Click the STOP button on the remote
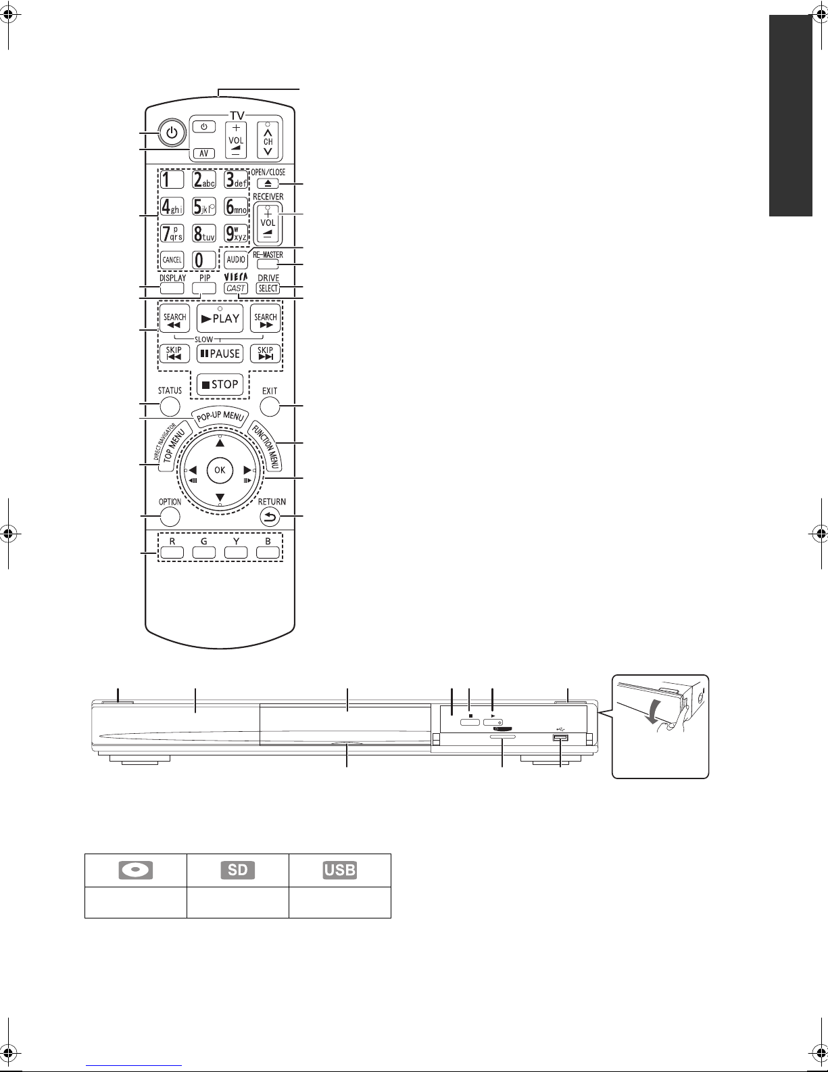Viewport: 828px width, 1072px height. [220, 384]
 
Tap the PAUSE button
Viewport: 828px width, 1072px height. [220, 354]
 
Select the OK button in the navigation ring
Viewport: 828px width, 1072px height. [220, 469]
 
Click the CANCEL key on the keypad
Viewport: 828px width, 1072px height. [172, 260]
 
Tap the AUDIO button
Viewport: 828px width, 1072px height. [236, 260]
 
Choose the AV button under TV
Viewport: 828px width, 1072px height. [203, 154]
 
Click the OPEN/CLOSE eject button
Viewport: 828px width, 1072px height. [268, 183]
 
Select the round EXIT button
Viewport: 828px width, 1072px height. [270, 406]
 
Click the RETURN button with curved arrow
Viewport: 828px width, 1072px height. [270, 517]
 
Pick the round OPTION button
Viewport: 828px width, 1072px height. [170, 517]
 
